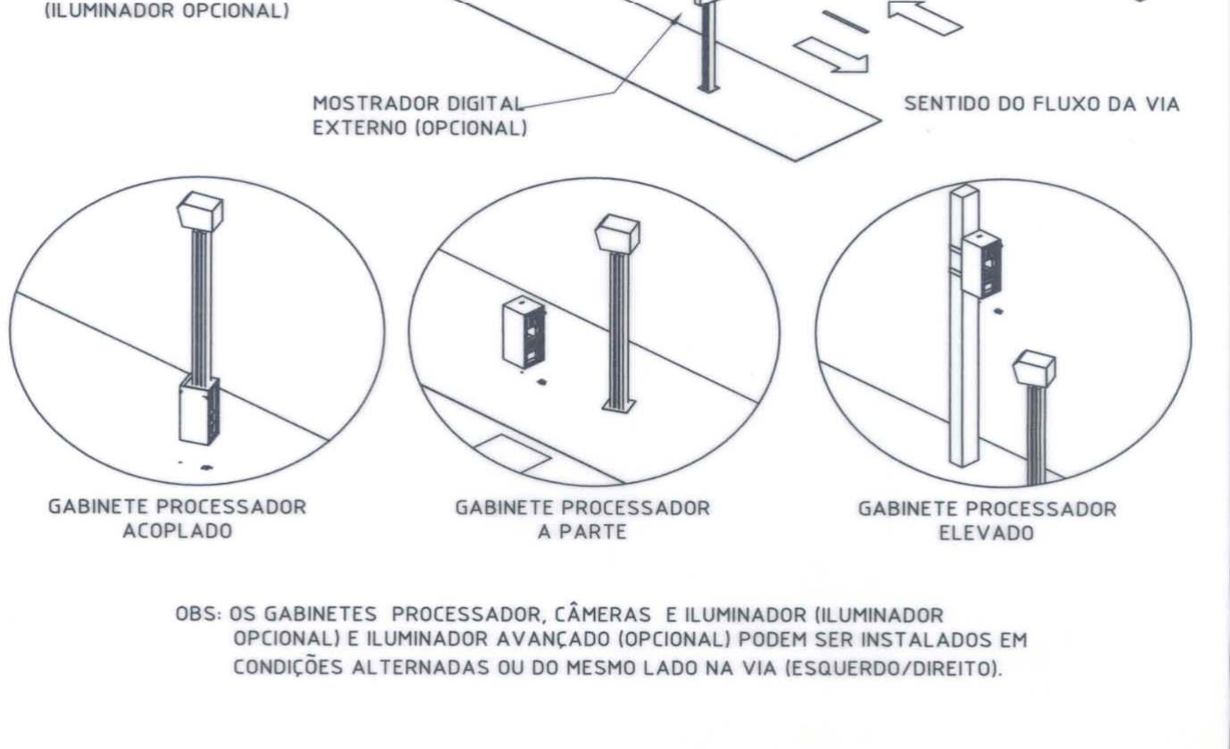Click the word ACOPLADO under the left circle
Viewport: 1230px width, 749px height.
(x=177, y=531)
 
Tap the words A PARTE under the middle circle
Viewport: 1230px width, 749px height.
(x=582, y=532)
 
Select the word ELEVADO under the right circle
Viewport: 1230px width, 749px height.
(x=986, y=533)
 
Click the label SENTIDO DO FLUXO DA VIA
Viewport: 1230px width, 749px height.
(x=1042, y=104)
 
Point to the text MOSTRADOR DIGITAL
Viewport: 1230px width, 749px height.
(x=417, y=104)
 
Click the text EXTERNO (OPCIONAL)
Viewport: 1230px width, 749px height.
(x=420, y=128)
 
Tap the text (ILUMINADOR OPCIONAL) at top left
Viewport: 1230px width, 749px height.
(x=167, y=11)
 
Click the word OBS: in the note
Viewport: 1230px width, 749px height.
(x=198, y=614)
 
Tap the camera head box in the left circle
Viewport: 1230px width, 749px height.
(x=200, y=212)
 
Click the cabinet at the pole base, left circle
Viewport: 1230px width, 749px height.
(x=199, y=410)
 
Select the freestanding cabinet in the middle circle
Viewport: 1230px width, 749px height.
(x=524, y=332)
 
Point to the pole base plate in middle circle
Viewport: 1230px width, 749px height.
(x=619, y=406)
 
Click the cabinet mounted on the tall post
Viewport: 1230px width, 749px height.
(x=982, y=265)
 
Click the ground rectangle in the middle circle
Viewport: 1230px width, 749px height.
(x=512, y=454)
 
